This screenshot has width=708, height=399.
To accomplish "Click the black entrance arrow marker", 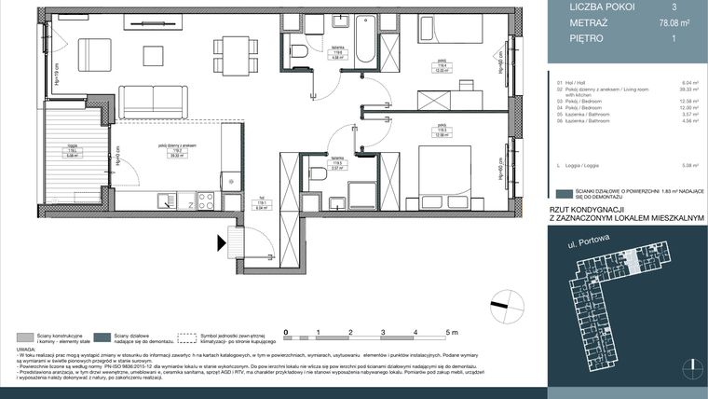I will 222,244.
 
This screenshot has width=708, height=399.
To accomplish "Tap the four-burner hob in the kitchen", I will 205,199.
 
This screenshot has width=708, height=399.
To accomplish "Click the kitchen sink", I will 166,199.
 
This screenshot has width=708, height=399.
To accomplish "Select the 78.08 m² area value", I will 672,22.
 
